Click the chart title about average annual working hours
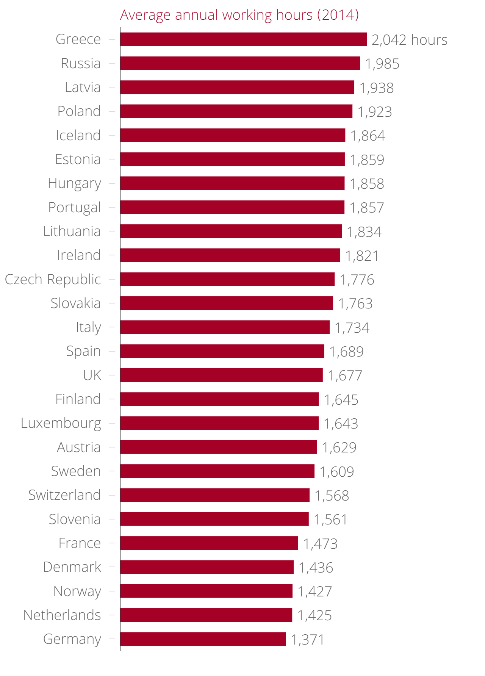point(239,15)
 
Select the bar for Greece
point(243,39)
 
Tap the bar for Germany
point(203,639)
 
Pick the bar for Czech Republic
point(227,279)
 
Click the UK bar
point(221,375)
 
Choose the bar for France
point(209,543)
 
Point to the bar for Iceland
point(233,135)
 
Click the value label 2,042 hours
point(409,40)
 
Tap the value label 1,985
point(382,64)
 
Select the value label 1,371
point(308,640)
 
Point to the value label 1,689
point(346,352)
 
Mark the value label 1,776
point(357,280)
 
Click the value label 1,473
point(320,544)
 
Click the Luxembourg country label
point(61,423)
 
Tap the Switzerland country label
point(64,495)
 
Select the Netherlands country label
point(62,615)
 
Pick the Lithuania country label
point(72,231)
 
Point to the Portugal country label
point(75,208)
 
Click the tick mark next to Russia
point(111,63)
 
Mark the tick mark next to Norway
point(111,591)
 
